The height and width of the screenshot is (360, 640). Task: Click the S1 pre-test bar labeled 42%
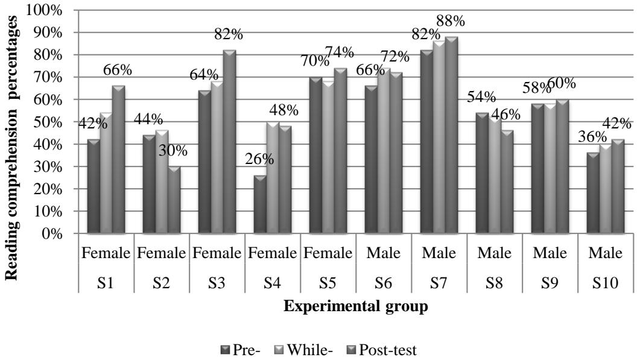93,187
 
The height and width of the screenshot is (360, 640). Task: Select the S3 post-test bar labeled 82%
229,142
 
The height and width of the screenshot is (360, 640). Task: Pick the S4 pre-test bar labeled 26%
259,204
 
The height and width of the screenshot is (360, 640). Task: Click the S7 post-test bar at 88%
451,135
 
